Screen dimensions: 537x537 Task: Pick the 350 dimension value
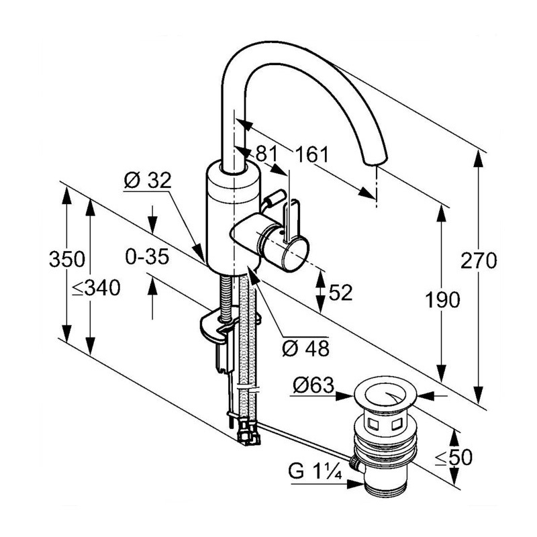[x=66, y=260]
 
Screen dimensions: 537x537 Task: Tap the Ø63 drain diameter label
[x=313, y=385]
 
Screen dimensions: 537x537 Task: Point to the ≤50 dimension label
[x=453, y=458]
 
